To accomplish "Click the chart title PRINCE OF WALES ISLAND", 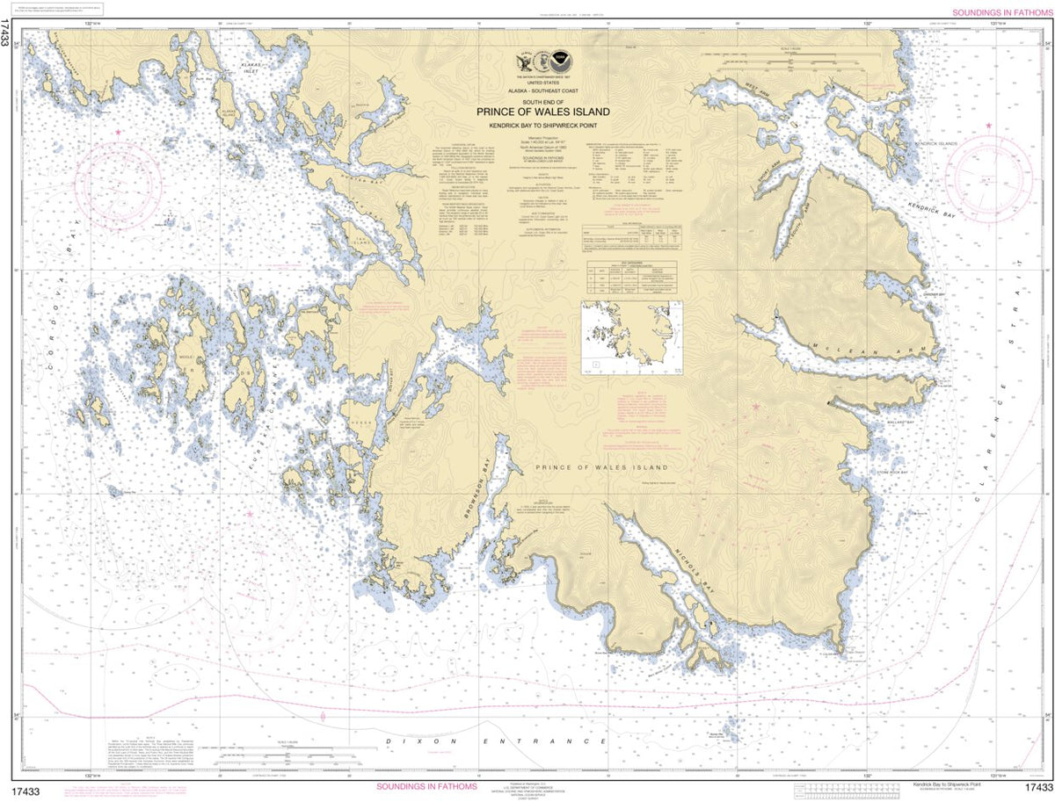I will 542,112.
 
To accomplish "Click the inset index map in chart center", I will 631,335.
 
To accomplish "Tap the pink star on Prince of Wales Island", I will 756,406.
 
